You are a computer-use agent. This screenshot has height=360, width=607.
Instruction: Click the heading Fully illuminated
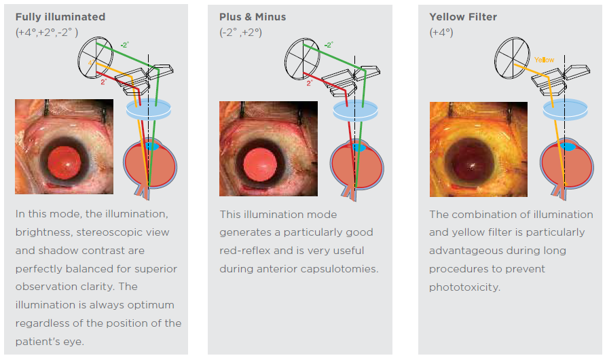coord(60,16)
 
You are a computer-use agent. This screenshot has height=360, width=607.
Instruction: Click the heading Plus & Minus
coord(253,16)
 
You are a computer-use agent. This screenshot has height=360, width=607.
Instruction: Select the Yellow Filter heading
coord(463,16)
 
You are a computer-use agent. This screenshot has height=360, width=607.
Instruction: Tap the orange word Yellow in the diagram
coord(544,60)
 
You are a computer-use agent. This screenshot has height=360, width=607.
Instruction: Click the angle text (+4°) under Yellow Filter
coord(441,32)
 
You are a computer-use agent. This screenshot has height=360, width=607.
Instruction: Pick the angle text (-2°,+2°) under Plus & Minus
coord(240,32)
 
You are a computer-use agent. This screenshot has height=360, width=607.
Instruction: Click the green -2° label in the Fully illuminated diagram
coord(124,46)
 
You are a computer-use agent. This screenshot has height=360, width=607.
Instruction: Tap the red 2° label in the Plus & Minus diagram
coord(309,83)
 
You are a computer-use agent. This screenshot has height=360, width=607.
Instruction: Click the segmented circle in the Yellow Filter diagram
coord(512,56)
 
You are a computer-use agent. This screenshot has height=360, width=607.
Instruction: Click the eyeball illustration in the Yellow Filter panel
coord(566,165)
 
